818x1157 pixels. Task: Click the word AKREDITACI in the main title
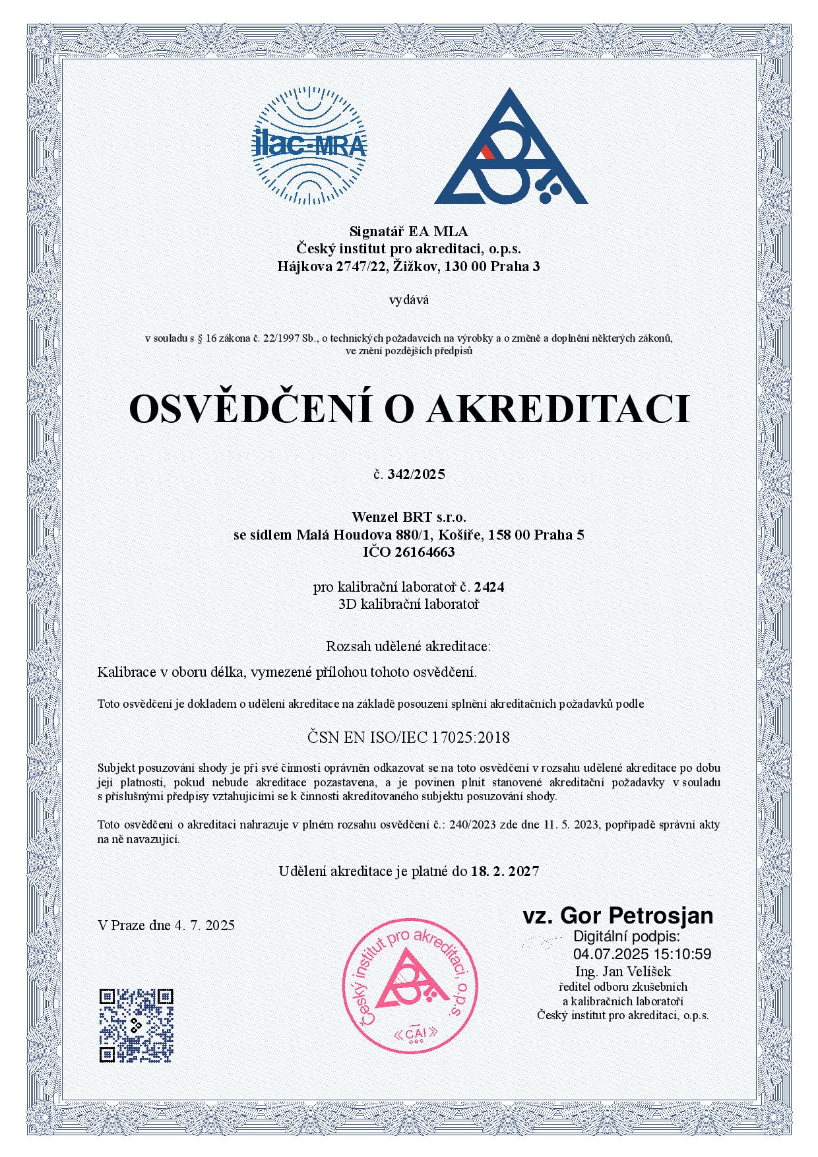tap(557, 409)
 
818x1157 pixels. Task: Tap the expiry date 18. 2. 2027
tap(505, 871)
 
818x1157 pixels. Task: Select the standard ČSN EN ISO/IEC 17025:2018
tap(409, 737)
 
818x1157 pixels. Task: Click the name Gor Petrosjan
tap(636, 916)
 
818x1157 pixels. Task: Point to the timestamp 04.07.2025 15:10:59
tap(642, 954)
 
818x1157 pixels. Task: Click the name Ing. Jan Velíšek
tap(623, 971)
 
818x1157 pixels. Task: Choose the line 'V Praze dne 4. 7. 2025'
tap(166, 925)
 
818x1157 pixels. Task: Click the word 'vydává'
tap(409, 300)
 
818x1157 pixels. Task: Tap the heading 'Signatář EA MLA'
tap(408, 231)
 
